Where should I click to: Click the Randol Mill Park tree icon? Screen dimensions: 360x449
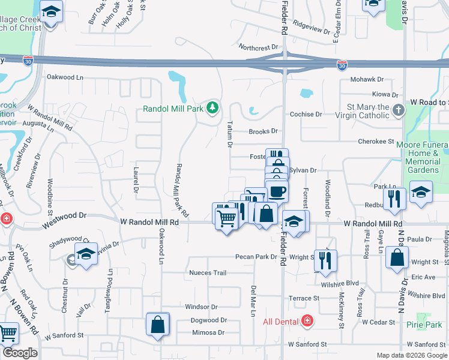pyautogui.click(x=211, y=108)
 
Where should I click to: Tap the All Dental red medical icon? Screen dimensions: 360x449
pyautogui.click(x=307, y=321)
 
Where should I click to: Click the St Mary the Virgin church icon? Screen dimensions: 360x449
pyautogui.click(x=399, y=110)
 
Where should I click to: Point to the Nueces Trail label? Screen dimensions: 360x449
pyautogui.click(x=208, y=273)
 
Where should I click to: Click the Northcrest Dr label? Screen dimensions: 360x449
pyautogui.click(x=259, y=46)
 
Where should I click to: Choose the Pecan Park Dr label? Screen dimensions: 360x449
pyautogui.click(x=256, y=257)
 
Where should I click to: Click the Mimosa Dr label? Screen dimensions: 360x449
pyautogui.click(x=208, y=332)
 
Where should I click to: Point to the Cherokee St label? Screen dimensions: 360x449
pyautogui.click(x=375, y=142)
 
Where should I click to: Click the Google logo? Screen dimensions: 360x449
pyautogui.click(x=20, y=353)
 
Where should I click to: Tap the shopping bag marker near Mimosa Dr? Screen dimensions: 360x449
pyautogui.click(x=158, y=325)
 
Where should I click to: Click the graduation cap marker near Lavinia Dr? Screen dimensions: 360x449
pyautogui.click(x=86, y=254)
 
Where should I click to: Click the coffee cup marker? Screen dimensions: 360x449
pyautogui.click(x=277, y=191)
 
